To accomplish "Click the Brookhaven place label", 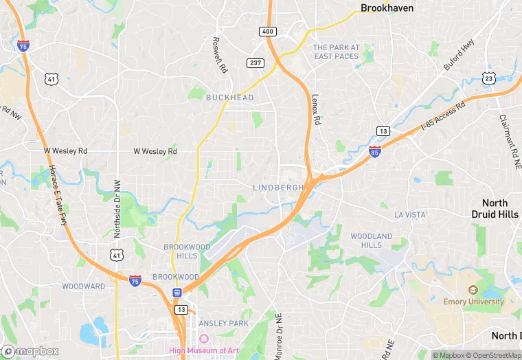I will pyautogui.click(x=387, y=8).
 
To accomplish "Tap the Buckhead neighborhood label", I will pyautogui.click(x=229, y=98).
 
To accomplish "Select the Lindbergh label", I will pyautogui.click(x=278, y=188).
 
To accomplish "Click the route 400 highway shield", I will pyautogui.click(x=267, y=32).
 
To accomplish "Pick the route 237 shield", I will pyautogui.click(x=256, y=63).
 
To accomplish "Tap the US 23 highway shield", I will pyautogui.click(x=489, y=78).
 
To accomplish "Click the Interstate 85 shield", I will pyautogui.click(x=374, y=152).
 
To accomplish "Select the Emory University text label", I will pyautogui.click(x=473, y=302).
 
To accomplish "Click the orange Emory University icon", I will pyautogui.click(x=473, y=291).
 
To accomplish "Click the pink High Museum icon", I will pyautogui.click(x=203, y=338).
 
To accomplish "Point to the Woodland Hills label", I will pyautogui.click(x=371, y=240).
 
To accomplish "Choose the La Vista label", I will pyautogui.click(x=411, y=215).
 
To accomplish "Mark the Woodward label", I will pyautogui.click(x=84, y=286).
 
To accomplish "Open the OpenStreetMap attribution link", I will pyautogui.click(x=492, y=355).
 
